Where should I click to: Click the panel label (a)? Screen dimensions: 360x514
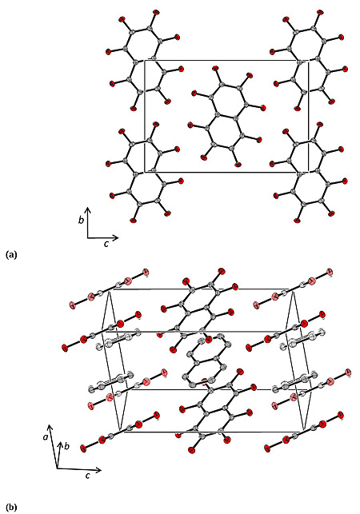(x=11, y=255)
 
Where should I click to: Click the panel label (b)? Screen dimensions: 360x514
(x=11, y=508)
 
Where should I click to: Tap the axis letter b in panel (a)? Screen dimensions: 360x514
(x=81, y=220)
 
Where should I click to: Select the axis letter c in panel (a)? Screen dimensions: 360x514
(x=106, y=244)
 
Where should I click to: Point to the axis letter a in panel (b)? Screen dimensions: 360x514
(x=46, y=436)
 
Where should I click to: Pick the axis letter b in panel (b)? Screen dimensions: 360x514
(x=66, y=446)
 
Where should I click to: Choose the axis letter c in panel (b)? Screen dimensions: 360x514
(x=88, y=476)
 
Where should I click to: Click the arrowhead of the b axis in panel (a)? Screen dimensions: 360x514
(x=88, y=209)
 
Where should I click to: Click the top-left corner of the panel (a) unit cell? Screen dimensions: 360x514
(x=145, y=60)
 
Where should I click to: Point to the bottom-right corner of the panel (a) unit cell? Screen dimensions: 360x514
(x=308, y=172)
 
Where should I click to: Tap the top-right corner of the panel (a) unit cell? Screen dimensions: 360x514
(x=308, y=60)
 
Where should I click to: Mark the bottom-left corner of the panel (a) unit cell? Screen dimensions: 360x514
(x=145, y=172)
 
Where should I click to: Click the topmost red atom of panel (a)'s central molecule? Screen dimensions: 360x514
(x=215, y=69)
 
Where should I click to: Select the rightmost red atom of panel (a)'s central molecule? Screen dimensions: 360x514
(x=262, y=108)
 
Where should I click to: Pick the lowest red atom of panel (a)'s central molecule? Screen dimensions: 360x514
(x=238, y=165)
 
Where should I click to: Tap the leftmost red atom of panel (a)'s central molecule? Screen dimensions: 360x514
(x=190, y=125)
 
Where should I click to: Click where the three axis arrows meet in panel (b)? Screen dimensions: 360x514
(x=57, y=468)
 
